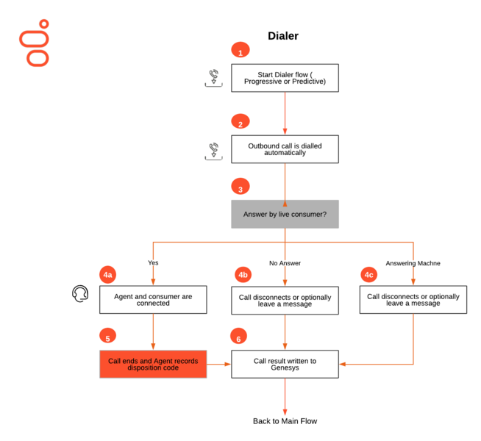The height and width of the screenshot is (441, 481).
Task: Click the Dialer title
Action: (283, 36)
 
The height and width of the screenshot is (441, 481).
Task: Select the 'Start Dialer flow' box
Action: (285, 78)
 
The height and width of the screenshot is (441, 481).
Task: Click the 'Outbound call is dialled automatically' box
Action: (285, 149)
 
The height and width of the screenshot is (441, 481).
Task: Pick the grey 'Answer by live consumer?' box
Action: (285, 214)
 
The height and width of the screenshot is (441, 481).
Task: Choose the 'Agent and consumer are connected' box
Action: (153, 300)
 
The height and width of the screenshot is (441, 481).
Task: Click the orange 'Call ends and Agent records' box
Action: (153, 364)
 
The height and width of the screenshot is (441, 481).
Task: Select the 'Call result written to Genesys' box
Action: (285, 364)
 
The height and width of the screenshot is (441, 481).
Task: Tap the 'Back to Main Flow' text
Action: (285, 421)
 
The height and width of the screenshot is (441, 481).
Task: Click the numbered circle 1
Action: (240, 50)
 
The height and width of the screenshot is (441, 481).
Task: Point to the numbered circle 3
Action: (240, 187)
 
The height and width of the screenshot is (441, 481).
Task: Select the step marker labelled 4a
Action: (107, 275)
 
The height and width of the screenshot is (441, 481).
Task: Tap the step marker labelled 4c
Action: (368, 275)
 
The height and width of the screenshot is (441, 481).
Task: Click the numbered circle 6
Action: (238, 336)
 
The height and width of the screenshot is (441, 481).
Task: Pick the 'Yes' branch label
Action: (153, 262)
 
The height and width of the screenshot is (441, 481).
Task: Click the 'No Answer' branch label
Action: (285, 263)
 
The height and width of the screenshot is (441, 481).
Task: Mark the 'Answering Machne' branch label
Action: (413, 263)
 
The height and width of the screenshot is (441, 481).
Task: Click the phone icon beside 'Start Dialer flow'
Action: (214, 78)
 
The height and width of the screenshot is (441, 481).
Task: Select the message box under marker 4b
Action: (285, 301)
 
